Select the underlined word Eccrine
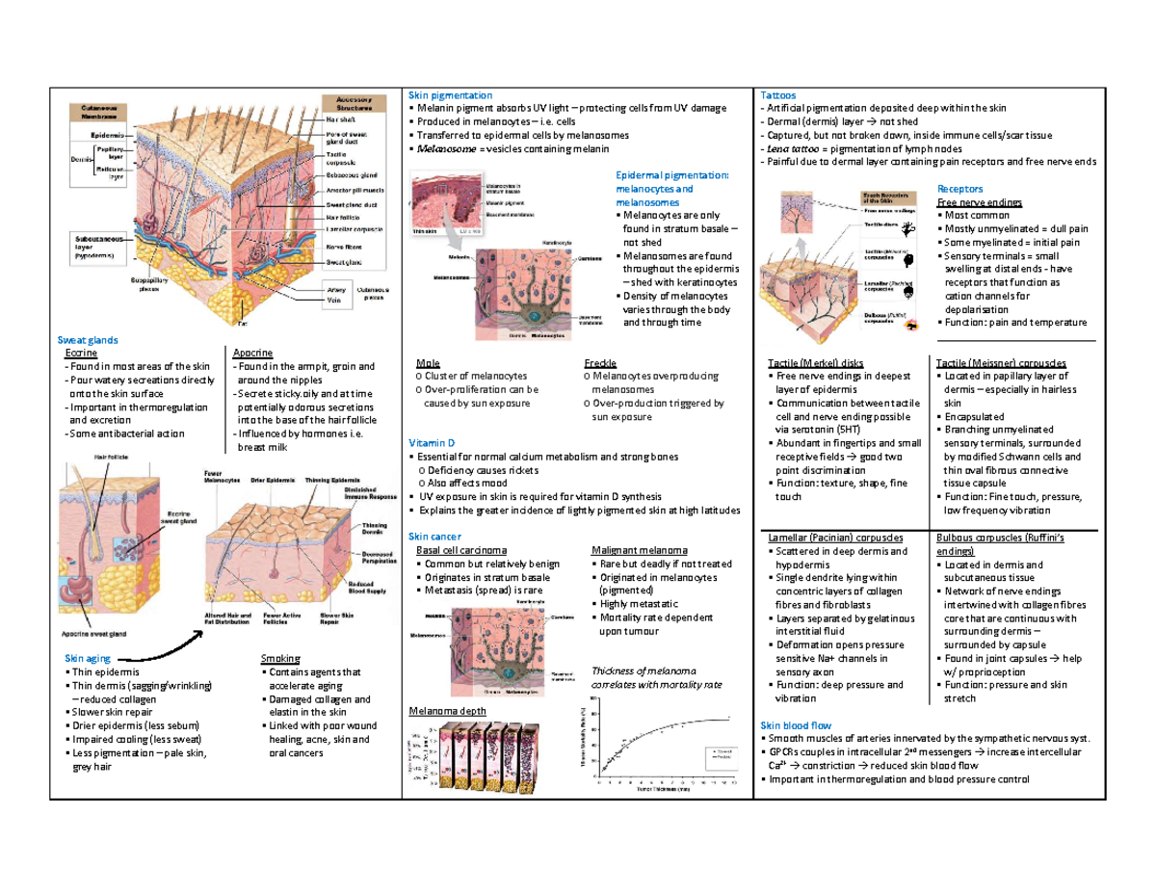[x=78, y=354]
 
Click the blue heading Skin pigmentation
[x=450, y=96]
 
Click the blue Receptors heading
[x=960, y=190]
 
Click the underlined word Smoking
[x=280, y=658]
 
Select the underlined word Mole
[x=421, y=363]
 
